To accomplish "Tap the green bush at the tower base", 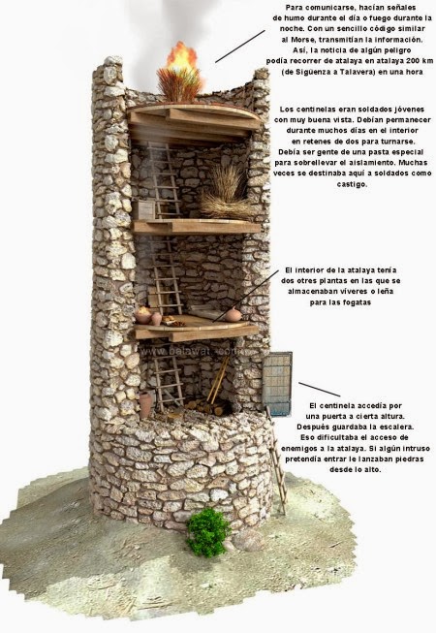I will (x=207, y=532).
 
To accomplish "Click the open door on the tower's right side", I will (x=278, y=383).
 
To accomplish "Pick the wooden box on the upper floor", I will (x=146, y=208).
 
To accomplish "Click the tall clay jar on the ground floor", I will (x=145, y=403).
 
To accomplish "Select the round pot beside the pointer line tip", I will (x=234, y=314).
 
